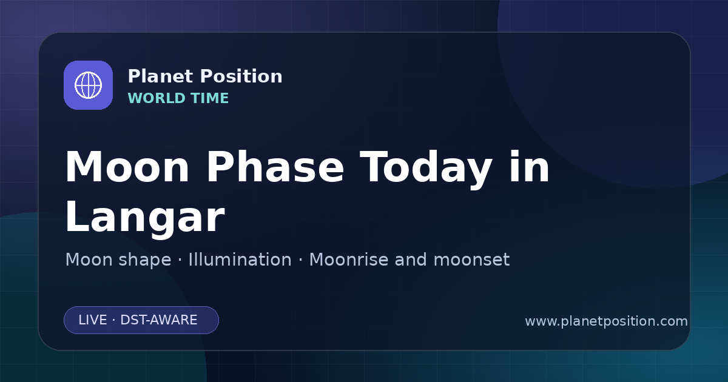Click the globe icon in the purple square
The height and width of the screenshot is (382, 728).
click(x=89, y=85)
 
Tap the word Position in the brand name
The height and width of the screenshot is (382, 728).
click(x=241, y=76)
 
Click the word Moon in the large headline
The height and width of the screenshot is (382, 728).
click(x=127, y=167)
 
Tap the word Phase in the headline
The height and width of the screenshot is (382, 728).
click(x=275, y=167)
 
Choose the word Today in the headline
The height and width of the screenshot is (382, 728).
click(x=426, y=170)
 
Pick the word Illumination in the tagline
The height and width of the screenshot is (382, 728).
click(x=240, y=260)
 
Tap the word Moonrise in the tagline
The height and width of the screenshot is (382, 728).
click(x=348, y=260)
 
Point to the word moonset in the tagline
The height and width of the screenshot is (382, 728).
click(x=471, y=260)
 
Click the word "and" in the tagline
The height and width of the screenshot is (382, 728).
click(x=411, y=260)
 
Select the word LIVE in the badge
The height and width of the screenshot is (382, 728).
click(x=93, y=320)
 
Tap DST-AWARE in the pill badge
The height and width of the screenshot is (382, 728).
click(x=158, y=320)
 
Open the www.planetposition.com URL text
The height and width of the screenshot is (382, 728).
click(x=606, y=321)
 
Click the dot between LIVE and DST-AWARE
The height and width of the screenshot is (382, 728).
click(x=114, y=320)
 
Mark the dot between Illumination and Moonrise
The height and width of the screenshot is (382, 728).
click(x=300, y=260)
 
